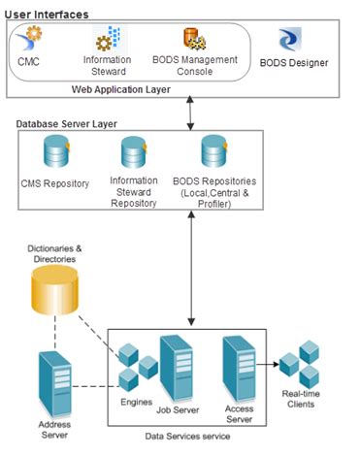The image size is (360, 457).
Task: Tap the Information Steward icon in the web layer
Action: tap(106, 41)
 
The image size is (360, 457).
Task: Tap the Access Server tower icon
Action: tap(238, 363)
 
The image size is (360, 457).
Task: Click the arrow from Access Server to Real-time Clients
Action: tap(275, 366)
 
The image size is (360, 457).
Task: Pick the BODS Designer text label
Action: tap(294, 63)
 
